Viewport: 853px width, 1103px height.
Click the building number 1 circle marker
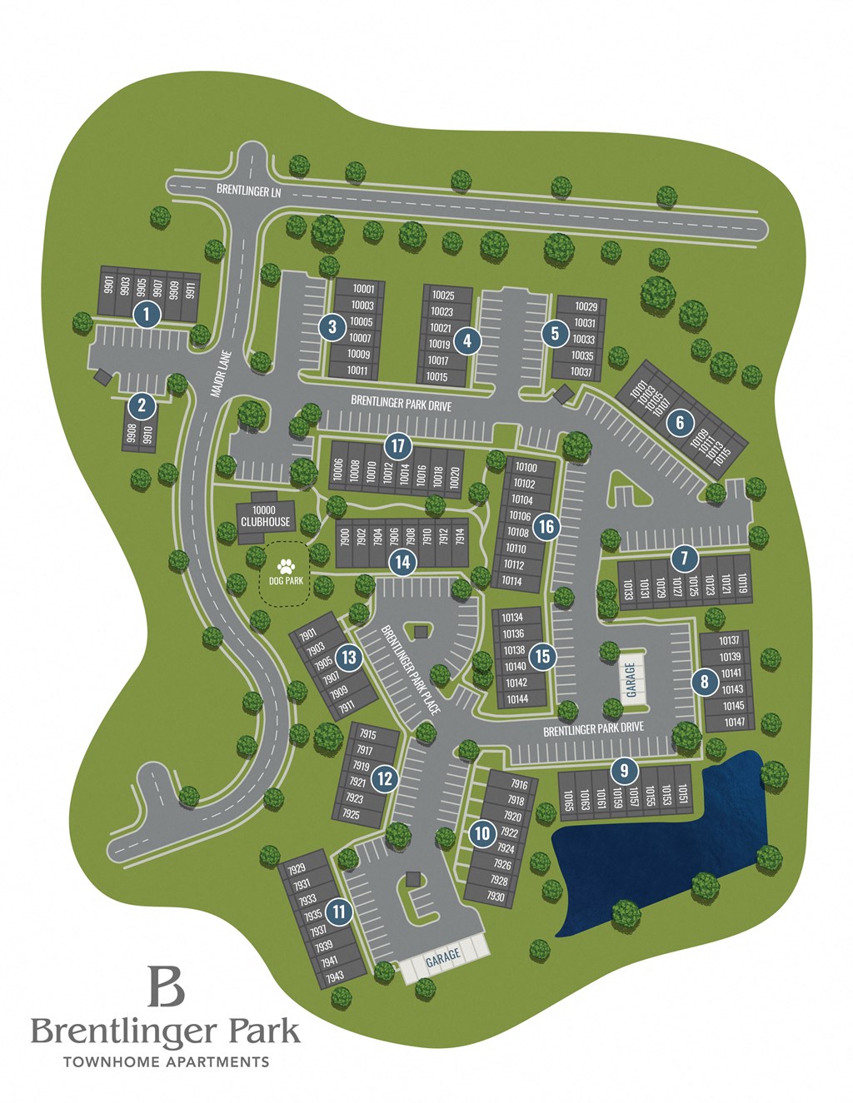click(x=147, y=314)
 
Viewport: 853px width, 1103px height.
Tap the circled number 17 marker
click(x=397, y=445)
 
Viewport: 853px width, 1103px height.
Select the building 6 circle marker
click(x=680, y=423)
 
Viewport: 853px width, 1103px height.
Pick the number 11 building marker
click(x=339, y=912)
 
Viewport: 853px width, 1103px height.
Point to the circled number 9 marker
click(x=624, y=770)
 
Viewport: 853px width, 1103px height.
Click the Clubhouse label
click(x=265, y=521)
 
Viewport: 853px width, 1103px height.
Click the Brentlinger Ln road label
click(x=249, y=190)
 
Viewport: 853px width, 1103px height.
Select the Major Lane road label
click(x=220, y=373)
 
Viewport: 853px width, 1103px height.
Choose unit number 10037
click(x=581, y=372)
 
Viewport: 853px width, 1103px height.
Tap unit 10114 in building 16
click(x=512, y=581)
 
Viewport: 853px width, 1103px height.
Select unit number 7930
click(x=495, y=897)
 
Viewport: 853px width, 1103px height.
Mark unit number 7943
click(x=335, y=976)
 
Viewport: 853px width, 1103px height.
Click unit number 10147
click(x=735, y=722)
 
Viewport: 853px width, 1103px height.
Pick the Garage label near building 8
click(x=631, y=680)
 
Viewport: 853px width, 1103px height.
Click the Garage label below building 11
click(x=442, y=958)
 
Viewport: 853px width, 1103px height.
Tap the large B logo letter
click(x=165, y=986)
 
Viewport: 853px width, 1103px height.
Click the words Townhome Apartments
click(x=167, y=1061)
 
